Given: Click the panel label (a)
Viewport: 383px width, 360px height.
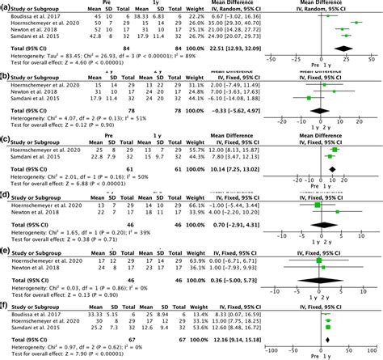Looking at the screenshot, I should point(6,6).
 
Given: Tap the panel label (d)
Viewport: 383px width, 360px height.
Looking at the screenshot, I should point(6,194).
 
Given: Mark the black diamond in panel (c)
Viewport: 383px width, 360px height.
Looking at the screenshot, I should point(332,169).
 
